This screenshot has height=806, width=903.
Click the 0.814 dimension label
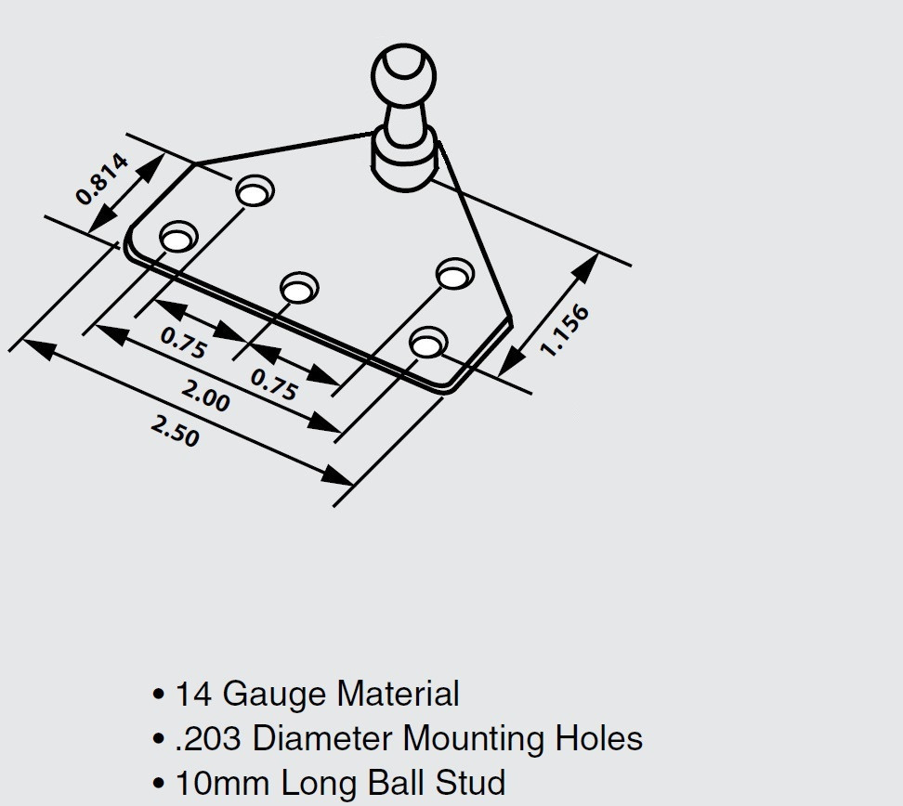102,179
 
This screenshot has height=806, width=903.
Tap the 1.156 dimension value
565,331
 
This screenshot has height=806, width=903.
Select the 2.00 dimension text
205,395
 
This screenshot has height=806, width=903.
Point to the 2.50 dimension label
175,431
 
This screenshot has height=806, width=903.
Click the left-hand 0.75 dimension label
183,343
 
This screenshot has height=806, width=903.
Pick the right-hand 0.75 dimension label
274,384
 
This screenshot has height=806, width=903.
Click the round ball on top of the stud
404,75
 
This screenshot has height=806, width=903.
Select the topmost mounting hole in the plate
255,190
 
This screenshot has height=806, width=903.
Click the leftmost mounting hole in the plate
178,237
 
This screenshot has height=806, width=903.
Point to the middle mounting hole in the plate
299,287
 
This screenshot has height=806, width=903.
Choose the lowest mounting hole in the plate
428,343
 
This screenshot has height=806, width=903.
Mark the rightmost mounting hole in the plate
455,273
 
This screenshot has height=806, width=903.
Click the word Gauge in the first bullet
276,695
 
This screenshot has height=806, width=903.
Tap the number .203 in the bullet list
207,738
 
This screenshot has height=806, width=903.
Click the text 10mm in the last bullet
222,783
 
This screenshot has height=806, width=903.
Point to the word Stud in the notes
470,783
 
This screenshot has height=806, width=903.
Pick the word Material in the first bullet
398,693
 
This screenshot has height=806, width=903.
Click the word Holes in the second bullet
599,737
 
